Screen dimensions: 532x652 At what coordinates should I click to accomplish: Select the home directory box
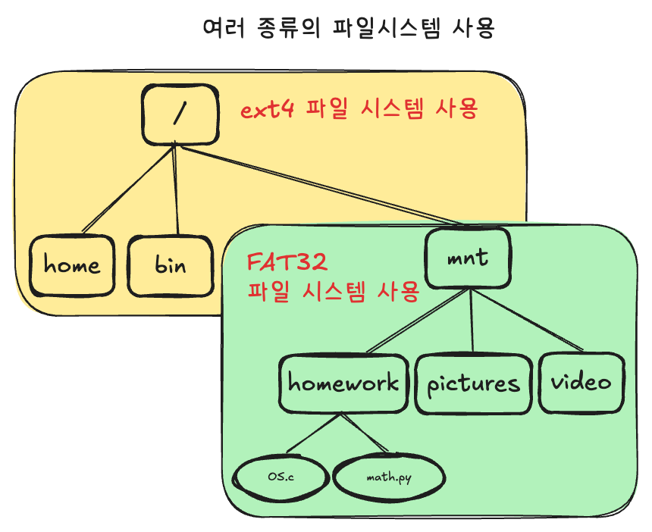pyautogui.click(x=72, y=265)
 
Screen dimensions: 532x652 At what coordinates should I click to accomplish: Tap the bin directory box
pyautogui.click(x=171, y=265)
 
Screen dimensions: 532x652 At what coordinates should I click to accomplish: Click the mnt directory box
pyautogui.click(x=467, y=258)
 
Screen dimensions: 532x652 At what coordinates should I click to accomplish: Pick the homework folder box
pyautogui.click(x=343, y=383)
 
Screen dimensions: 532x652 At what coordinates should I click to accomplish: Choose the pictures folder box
pyautogui.click(x=473, y=383)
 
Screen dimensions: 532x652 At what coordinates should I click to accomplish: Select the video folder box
pyautogui.click(x=581, y=383)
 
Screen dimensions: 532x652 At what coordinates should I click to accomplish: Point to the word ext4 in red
pyautogui.click(x=268, y=111)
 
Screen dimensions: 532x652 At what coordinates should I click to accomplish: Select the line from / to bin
pyautogui.click(x=176, y=189)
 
